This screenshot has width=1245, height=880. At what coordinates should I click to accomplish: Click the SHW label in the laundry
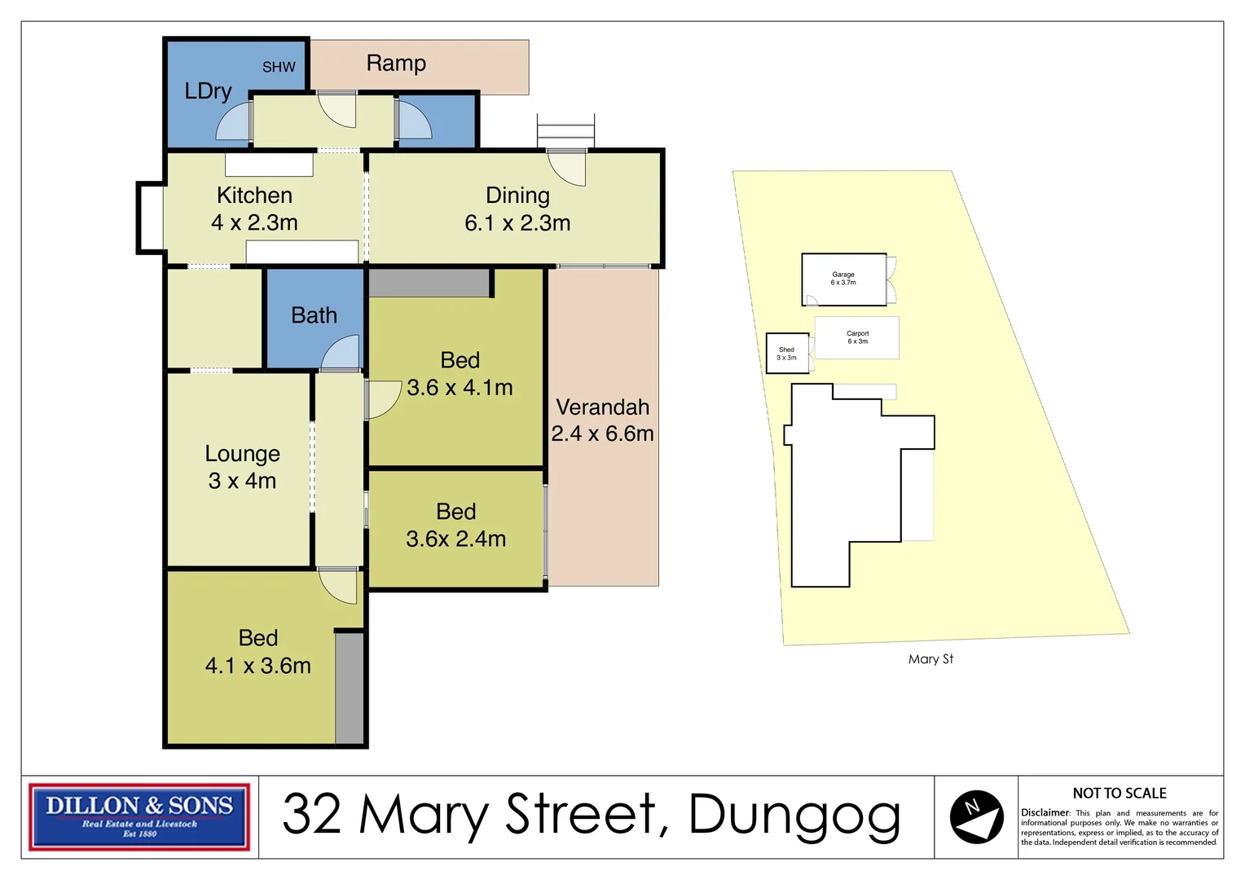tap(279, 68)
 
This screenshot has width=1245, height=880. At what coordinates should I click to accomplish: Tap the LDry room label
tap(208, 91)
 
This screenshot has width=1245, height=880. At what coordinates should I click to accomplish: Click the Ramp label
tap(396, 64)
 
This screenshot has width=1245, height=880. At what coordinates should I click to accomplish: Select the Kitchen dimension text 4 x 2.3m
tap(254, 222)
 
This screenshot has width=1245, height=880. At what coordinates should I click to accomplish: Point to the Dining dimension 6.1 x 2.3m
tap(517, 223)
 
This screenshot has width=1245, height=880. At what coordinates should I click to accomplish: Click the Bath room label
tap(314, 315)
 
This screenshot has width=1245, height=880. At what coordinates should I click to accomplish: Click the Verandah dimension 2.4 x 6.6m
tap(602, 433)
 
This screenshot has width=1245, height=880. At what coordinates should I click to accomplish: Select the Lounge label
tap(242, 454)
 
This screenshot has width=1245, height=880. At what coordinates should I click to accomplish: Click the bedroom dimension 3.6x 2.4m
tap(455, 539)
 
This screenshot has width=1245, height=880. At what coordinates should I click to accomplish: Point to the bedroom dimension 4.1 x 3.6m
tap(257, 666)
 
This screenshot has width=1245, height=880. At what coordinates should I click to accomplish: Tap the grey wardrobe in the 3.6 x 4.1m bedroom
tap(429, 283)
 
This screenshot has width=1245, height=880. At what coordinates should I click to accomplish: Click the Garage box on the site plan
tap(843, 279)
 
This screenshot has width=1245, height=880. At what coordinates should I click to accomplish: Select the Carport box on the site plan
tap(856, 337)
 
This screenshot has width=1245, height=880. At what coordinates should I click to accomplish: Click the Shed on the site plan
tap(786, 354)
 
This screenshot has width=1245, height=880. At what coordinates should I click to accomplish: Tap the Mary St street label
tap(930, 659)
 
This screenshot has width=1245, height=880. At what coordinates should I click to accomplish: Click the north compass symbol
tap(976, 816)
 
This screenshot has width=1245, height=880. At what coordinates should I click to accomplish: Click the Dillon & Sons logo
tap(139, 816)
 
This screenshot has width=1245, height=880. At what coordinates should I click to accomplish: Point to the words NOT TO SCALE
tap(1119, 794)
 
